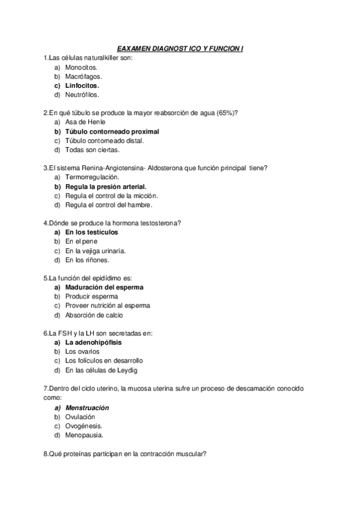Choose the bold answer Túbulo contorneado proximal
[x=112, y=131]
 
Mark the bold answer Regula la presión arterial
[x=106, y=186]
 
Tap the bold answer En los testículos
[x=91, y=232]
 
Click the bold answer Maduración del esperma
[x=105, y=287]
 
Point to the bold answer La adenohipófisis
[x=93, y=342]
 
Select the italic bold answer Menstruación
[x=91, y=407]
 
